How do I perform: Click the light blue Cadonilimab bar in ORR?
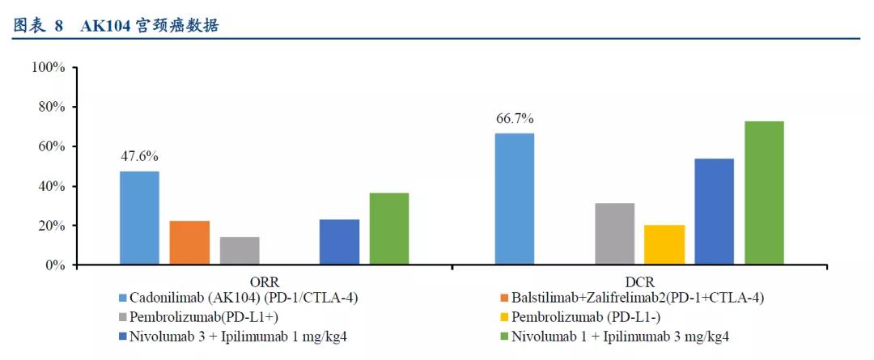coord(140,218)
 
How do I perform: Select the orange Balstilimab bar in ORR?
coord(189,243)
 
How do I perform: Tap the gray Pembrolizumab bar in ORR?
coord(240,251)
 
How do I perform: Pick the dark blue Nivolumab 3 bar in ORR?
coord(340,242)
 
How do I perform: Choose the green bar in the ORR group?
coord(389,229)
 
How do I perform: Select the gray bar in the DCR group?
coord(615,234)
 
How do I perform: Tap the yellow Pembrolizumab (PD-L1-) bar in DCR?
coord(664,245)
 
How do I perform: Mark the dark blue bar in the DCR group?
coord(715,212)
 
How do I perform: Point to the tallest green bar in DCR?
coord(764,193)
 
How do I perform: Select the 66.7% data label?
coord(515,119)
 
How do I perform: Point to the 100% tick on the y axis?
coord(48,67)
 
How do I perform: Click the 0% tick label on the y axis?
coord(53,265)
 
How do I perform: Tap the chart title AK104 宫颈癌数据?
coord(150,26)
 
